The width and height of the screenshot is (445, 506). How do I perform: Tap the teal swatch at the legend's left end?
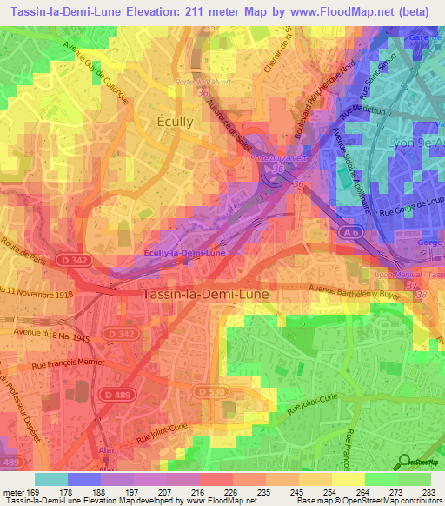point(50,479)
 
